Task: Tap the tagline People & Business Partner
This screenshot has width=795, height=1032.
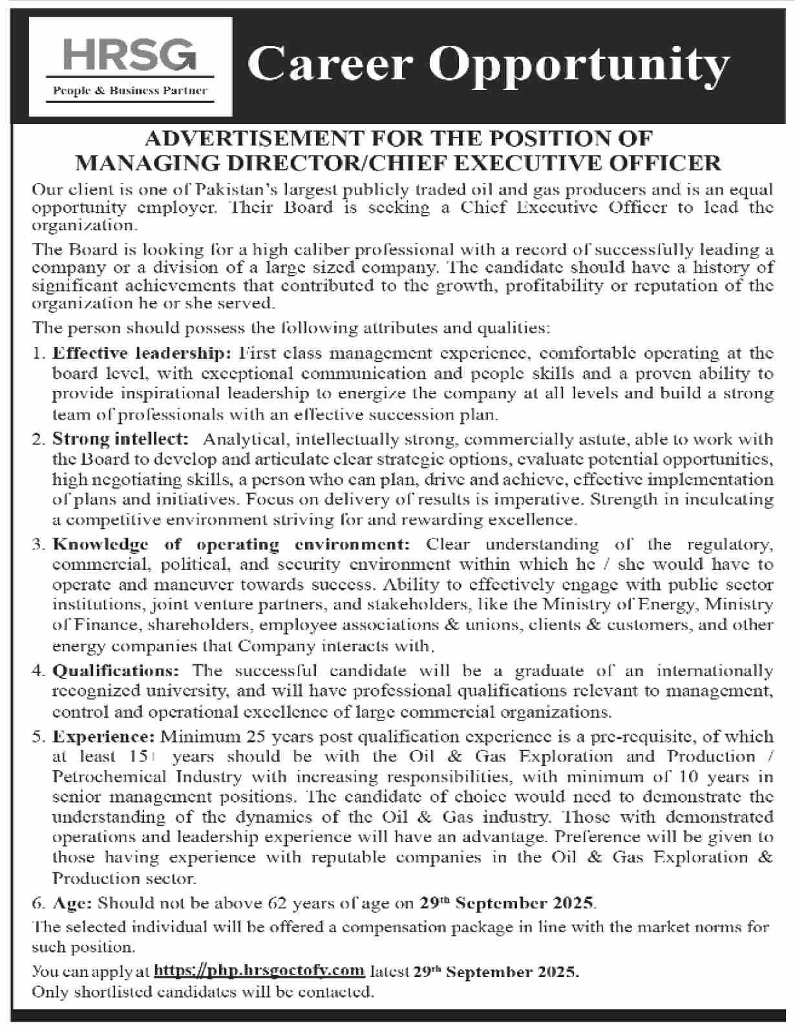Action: coord(130,91)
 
